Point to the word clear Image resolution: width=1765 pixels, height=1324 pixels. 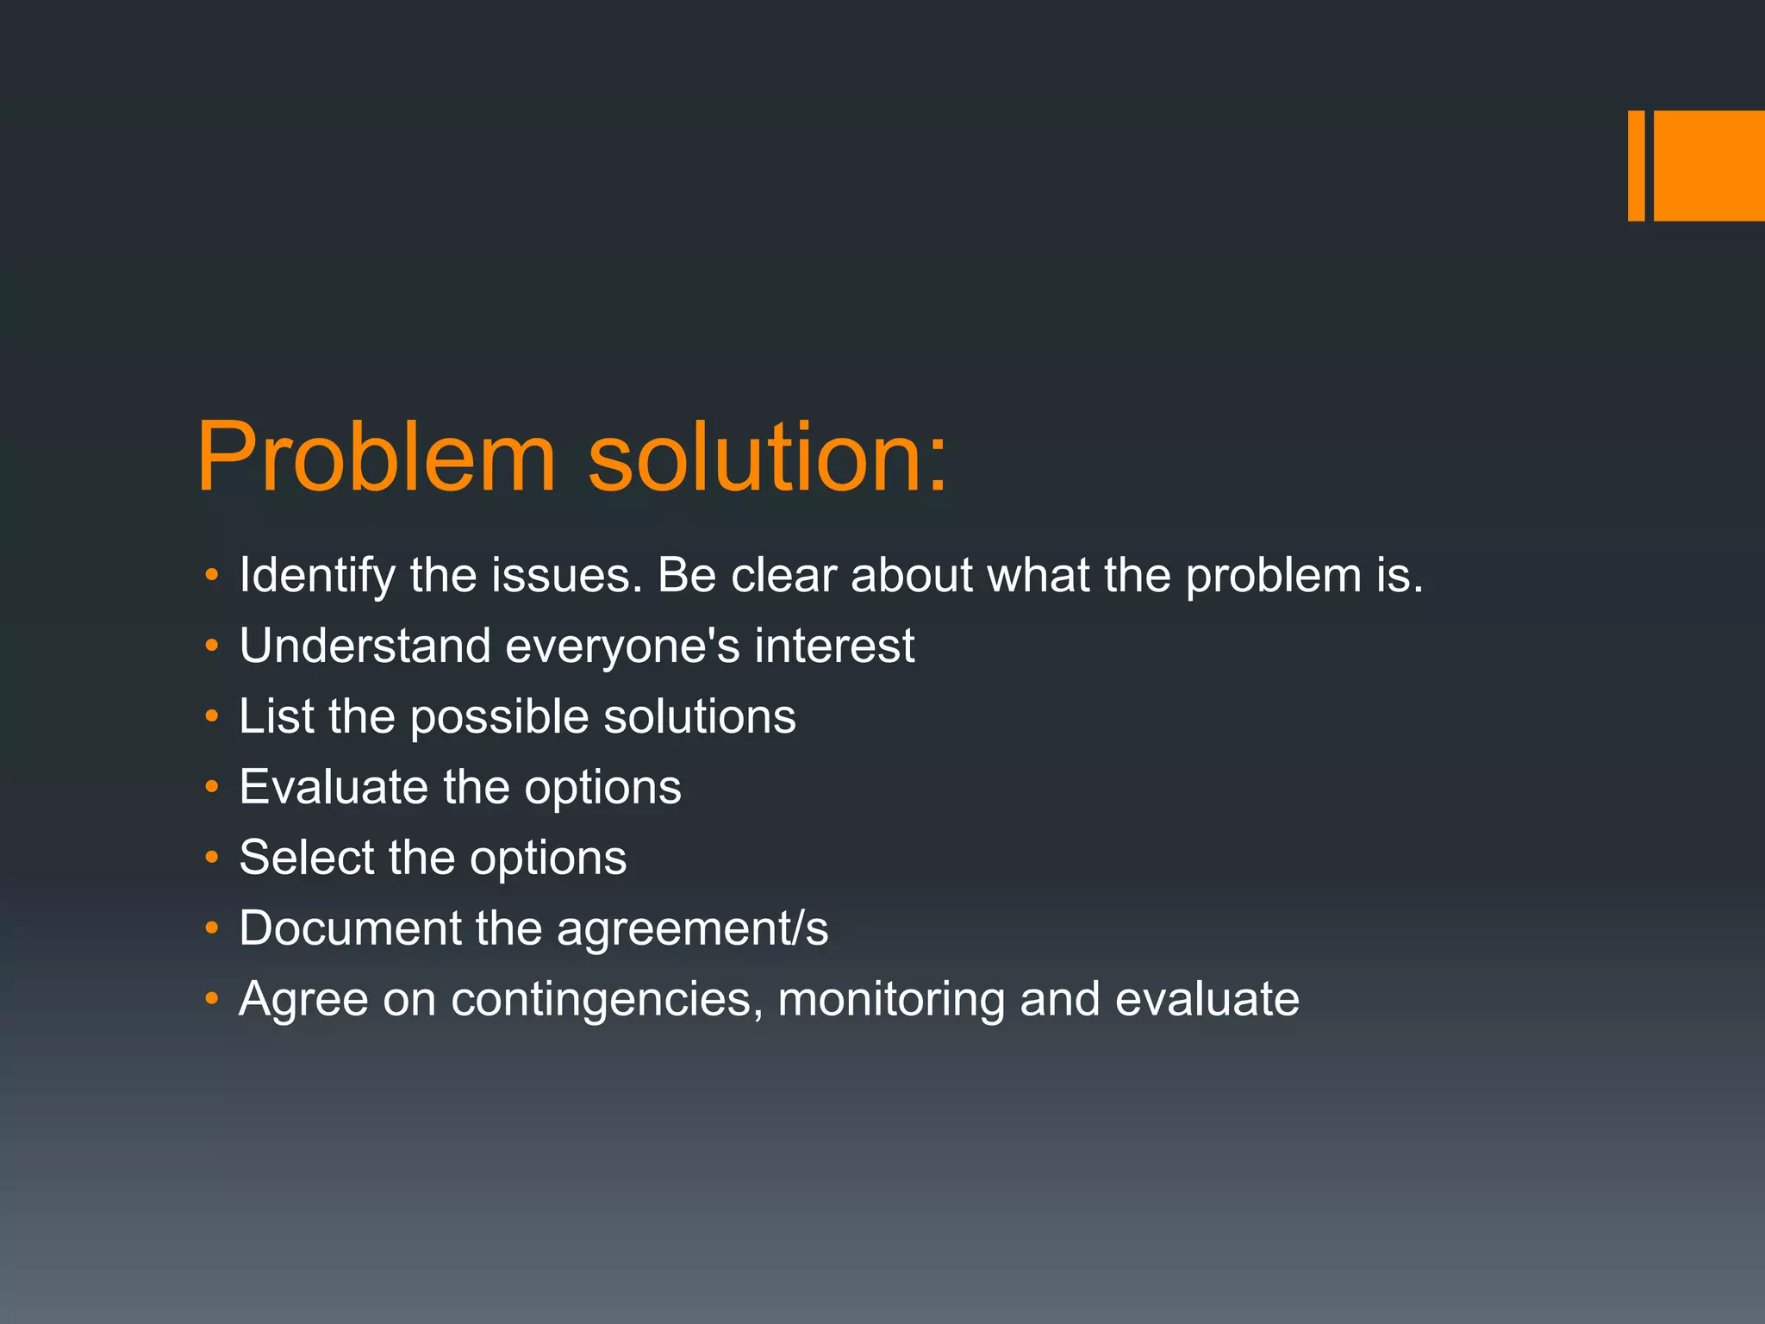click(x=783, y=575)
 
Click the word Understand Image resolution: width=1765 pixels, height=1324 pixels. click(x=365, y=646)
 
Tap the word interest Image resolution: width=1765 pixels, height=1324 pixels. click(x=834, y=646)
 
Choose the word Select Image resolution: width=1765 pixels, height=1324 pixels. click(x=306, y=858)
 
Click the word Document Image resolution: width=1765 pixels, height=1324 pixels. click(x=350, y=928)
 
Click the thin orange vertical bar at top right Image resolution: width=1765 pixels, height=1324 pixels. click(x=1636, y=165)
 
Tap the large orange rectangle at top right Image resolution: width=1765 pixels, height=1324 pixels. click(x=1709, y=165)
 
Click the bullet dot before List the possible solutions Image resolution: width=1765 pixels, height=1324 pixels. click(x=212, y=716)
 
